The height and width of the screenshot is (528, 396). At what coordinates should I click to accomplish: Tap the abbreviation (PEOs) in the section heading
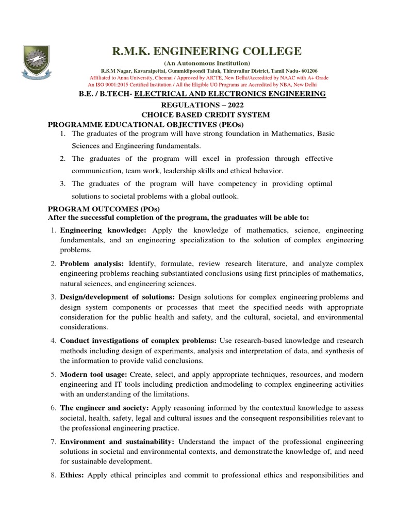(x=227, y=124)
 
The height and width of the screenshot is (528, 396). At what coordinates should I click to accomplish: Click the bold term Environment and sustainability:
(x=117, y=441)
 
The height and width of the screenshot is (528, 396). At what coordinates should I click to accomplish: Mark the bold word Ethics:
(x=73, y=475)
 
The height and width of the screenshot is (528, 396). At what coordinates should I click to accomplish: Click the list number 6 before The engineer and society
(x=53, y=407)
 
